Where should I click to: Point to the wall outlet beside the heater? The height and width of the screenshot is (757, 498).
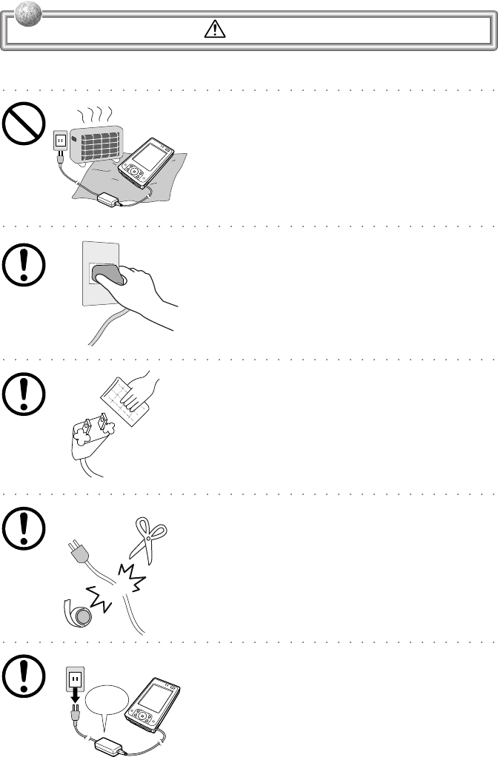click(60, 140)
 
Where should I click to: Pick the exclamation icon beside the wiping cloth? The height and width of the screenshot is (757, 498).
click(22, 393)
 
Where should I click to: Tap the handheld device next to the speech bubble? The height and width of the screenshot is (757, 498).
click(154, 704)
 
